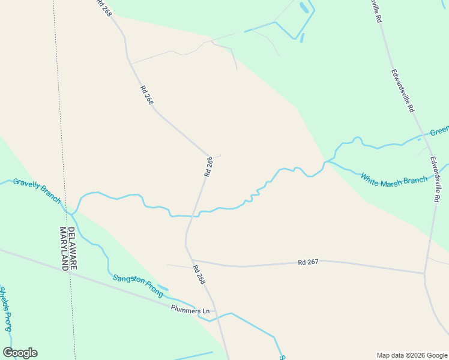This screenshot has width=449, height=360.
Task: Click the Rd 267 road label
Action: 307,262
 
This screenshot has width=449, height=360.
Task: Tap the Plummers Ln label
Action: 190,310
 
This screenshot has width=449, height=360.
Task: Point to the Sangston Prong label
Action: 137,285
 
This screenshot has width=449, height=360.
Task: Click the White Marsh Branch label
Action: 394,179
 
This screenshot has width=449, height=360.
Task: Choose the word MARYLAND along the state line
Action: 63,249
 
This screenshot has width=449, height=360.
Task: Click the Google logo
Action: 20,353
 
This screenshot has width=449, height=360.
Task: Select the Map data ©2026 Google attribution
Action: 412,355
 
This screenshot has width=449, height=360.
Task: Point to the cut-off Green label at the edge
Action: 439,131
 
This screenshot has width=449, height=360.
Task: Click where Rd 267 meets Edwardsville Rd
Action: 425,274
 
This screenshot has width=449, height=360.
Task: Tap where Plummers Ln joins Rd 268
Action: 215,311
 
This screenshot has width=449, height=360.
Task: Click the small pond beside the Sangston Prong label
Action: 163,289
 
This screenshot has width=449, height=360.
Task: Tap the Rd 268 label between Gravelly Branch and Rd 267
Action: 208,166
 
